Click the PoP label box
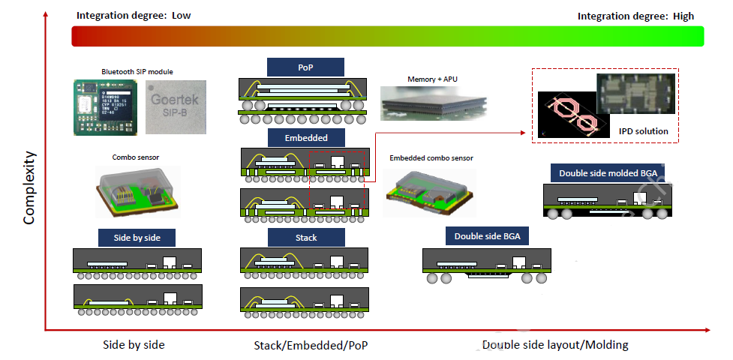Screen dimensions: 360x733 [305, 67]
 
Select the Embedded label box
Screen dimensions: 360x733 [305, 138]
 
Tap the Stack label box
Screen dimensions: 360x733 [306, 238]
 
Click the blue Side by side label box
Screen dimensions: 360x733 [137, 238]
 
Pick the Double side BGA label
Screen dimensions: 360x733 [487, 236]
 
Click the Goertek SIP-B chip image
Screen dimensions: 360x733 [174, 106]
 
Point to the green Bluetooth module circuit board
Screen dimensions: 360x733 [106, 106]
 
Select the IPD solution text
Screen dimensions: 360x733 [643, 131]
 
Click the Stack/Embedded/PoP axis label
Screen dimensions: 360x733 [311, 345]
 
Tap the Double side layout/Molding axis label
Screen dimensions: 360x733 [554, 345]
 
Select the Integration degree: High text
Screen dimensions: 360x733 [635, 16]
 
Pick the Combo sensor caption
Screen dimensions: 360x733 [135, 157]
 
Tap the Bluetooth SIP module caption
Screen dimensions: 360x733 [137, 71]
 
